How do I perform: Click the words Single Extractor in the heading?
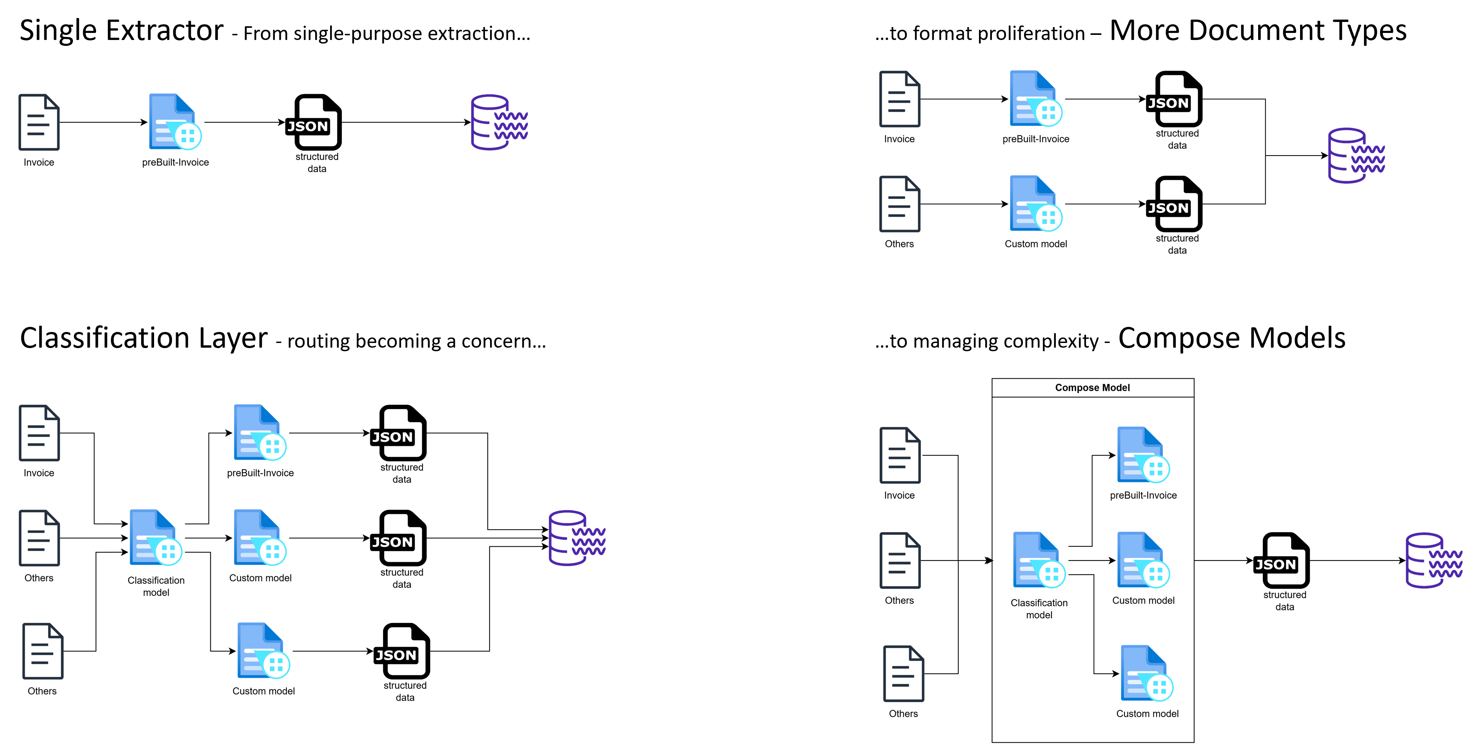(x=122, y=31)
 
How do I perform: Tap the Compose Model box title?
(x=1092, y=388)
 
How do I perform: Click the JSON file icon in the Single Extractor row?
(x=314, y=122)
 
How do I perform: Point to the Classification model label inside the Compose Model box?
(x=1039, y=609)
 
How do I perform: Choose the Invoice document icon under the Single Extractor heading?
(x=39, y=122)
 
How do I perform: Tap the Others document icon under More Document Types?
(x=899, y=204)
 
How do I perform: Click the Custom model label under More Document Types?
(x=1035, y=244)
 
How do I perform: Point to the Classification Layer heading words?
(x=144, y=338)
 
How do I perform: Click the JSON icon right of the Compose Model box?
(x=1281, y=560)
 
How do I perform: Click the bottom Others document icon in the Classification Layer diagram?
(x=43, y=651)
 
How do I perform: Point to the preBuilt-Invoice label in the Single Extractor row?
(x=175, y=162)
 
